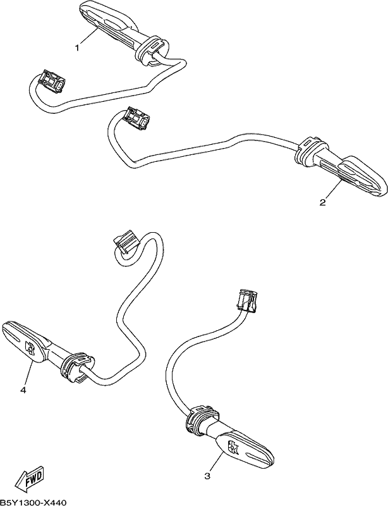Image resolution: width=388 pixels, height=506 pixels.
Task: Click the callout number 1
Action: pos(77,48)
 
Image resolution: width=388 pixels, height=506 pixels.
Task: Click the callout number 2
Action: pos(322,202)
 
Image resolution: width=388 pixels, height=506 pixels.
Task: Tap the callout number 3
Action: pos(207,476)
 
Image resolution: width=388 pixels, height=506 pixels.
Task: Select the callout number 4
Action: pos(23,390)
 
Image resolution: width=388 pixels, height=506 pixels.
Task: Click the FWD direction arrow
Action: pos(30,480)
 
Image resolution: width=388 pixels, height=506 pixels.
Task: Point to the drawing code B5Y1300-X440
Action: pos(33,502)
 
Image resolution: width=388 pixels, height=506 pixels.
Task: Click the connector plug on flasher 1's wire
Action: pos(52,81)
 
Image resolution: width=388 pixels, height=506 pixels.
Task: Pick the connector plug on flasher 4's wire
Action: pos(126,242)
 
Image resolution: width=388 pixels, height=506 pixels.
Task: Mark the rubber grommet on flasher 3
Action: pos(202,420)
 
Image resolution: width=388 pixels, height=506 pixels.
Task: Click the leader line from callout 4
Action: pos(28,374)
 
